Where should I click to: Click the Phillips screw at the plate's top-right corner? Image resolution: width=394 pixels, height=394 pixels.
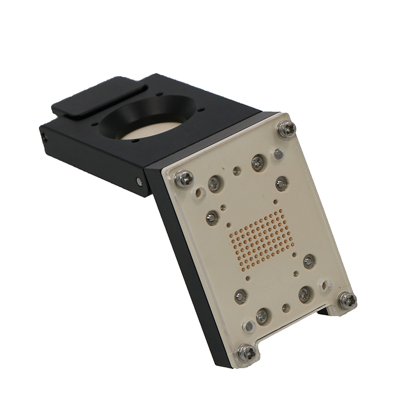pyautogui.click(x=286, y=129)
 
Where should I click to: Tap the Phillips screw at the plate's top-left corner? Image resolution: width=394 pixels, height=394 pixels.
pyautogui.click(x=184, y=178)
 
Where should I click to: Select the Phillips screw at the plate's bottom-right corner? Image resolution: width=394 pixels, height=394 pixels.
pyautogui.click(x=347, y=299)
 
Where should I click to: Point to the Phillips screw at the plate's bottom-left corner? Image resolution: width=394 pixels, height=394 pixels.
pyautogui.click(x=246, y=353)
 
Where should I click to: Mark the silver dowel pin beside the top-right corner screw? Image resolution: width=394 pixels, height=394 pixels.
pyautogui.click(x=278, y=154)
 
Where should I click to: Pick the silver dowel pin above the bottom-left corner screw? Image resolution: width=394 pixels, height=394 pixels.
pyautogui.click(x=249, y=326)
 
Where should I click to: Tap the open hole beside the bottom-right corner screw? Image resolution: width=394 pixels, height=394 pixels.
pyautogui.click(x=326, y=285)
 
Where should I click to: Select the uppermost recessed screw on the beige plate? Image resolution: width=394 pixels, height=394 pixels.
pyautogui.click(x=258, y=162)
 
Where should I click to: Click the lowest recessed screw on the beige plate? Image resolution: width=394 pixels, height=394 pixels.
pyautogui.click(x=262, y=315)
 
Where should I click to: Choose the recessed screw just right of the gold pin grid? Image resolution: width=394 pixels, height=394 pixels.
pyautogui.click(x=309, y=261)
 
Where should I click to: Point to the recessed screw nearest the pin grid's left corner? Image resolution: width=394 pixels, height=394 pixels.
pyautogui.click(x=212, y=217)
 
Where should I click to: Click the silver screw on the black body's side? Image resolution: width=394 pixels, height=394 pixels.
pyautogui.click(x=139, y=182)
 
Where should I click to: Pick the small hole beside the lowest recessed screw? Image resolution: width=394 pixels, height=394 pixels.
pyautogui.click(x=286, y=308)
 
